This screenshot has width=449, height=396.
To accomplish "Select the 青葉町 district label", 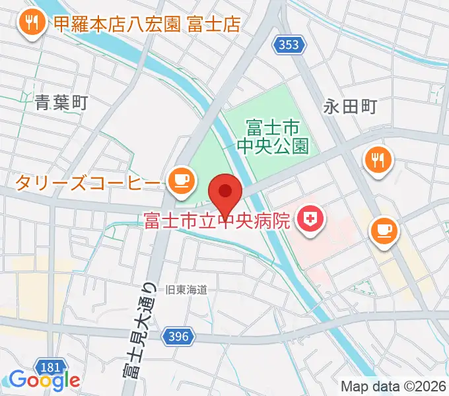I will pos(61,102).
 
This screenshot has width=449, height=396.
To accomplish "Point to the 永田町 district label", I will pos(349,107).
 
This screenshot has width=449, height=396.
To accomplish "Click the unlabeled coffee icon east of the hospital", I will pos(384,230).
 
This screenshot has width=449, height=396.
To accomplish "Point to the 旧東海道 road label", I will pos(186,289).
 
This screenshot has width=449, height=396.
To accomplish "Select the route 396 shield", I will pos(178,336).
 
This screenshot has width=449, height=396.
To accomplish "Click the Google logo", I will pos(44,380).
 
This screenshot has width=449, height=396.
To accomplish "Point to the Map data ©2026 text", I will pos(394,385).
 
